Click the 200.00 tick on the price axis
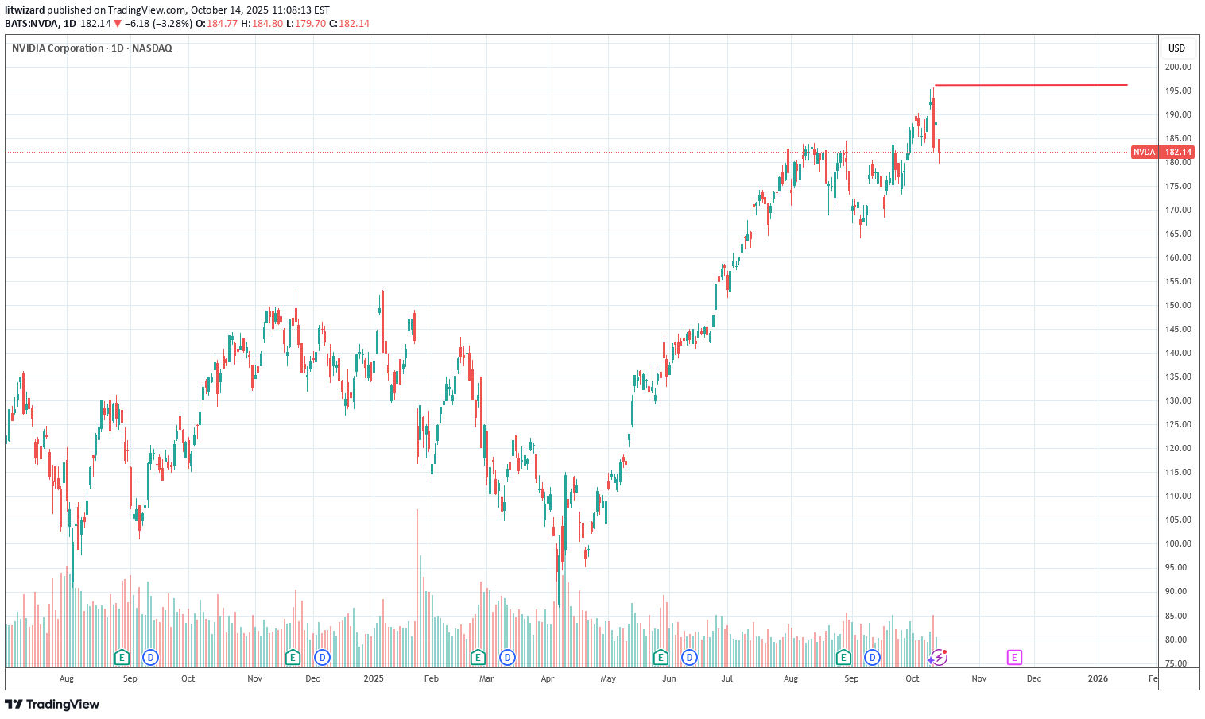point(1178,67)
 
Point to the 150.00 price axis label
point(1178,305)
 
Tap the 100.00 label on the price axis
point(1178,543)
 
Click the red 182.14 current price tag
point(1177,152)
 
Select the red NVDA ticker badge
point(1145,152)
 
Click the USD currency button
point(1176,48)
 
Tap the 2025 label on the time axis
point(374,678)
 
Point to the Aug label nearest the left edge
point(67,678)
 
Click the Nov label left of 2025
point(254,678)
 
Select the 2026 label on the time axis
point(1098,678)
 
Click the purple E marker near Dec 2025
point(1014,657)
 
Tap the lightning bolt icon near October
point(940,657)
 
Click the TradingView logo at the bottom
point(52,704)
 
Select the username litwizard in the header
point(25,10)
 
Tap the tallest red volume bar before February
point(417,588)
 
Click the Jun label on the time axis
point(669,678)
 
